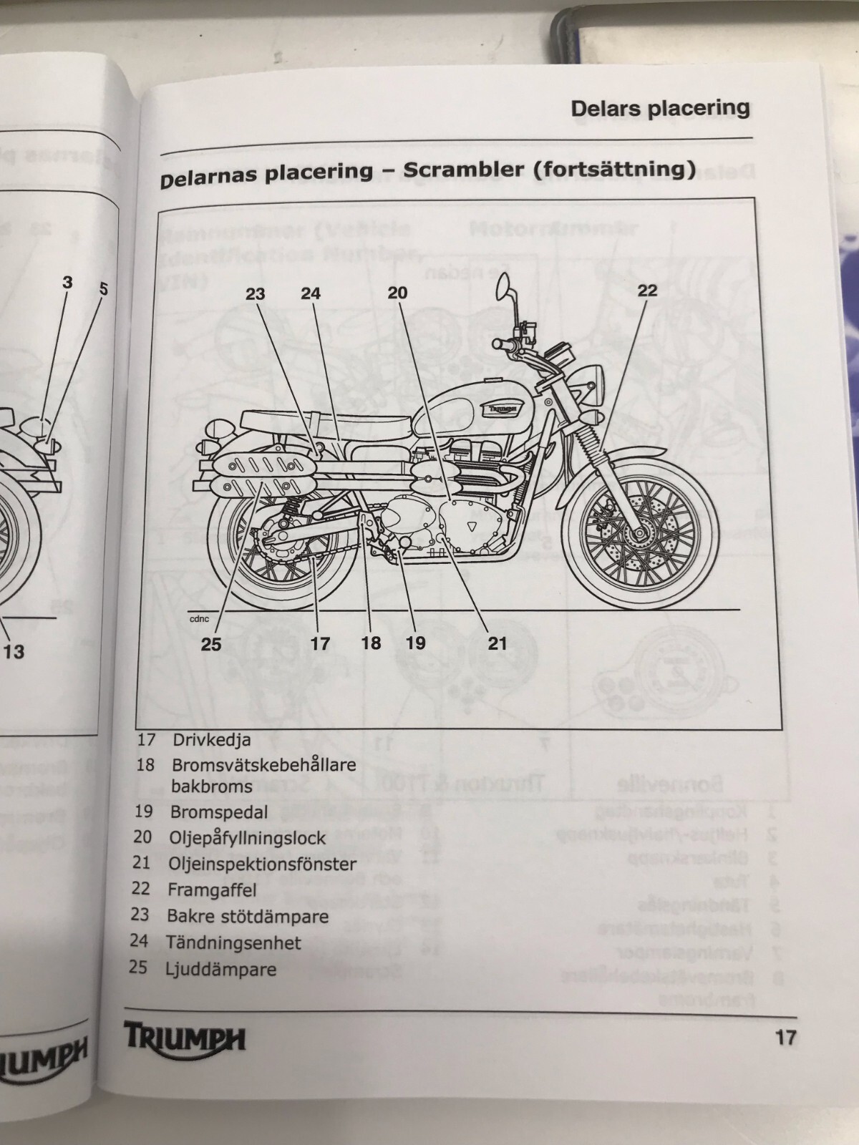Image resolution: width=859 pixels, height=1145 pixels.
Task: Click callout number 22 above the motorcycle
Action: (646, 290)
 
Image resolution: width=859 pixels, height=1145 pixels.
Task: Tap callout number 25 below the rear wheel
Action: (211, 644)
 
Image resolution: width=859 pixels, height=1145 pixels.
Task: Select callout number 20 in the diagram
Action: (397, 292)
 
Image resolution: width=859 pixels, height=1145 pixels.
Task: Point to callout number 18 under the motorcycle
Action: (371, 643)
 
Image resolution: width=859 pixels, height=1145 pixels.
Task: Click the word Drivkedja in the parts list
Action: (211, 739)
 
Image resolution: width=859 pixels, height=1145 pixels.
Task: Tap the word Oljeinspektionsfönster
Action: (262, 864)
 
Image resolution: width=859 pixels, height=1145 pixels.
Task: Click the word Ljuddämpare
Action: (221, 970)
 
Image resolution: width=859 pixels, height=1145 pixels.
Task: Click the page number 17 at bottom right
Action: (785, 1037)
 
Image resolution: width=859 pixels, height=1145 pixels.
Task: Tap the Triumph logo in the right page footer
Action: (185, 1037)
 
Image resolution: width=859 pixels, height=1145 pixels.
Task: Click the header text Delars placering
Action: (660, 109)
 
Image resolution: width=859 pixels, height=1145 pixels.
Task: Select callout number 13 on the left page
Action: (14, 651)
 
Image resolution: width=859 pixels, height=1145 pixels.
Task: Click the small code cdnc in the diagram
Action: (200, 619)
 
